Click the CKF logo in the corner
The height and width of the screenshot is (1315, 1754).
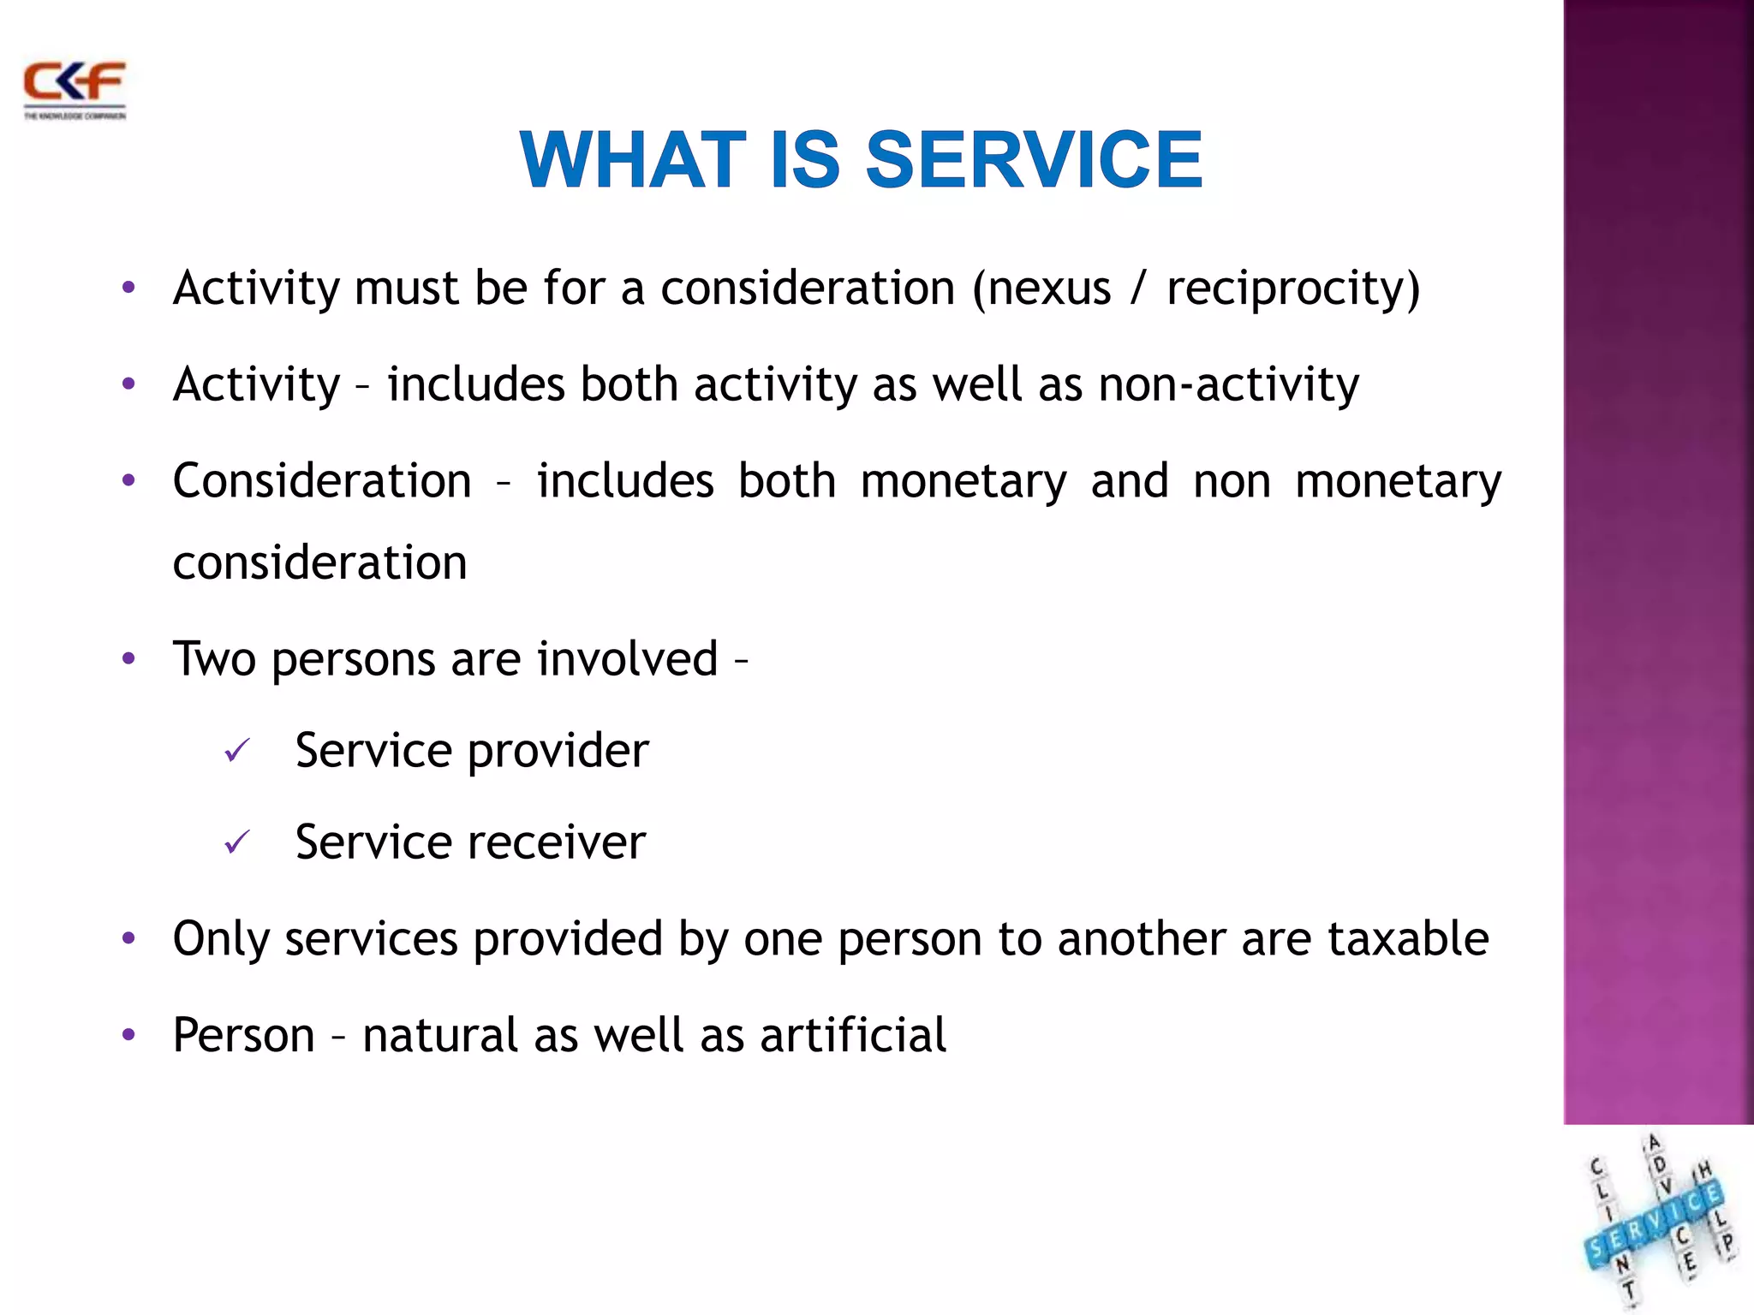coord(75,89)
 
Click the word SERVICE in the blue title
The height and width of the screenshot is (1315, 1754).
coord(1034,160)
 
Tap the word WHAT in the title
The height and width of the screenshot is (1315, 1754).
coord(632,160)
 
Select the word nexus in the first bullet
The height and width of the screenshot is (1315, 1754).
coord(1049,288)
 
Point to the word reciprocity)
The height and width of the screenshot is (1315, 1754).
coord(1293,289)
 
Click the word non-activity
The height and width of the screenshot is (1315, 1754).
coord(1228,384)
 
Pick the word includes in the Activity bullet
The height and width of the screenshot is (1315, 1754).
coord(475,384)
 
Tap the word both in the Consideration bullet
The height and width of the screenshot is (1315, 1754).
coord(786,481)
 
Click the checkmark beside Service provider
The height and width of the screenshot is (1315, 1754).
coord(236,751)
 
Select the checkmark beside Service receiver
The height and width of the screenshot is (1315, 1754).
coord(236,842)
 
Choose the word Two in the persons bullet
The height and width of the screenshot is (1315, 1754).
coord(214,659)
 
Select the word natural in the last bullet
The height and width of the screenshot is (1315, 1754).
coord(440,1035)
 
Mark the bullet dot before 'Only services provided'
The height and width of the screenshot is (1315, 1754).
coord(128,939)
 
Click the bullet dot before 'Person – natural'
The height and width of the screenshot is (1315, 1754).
coord(128,1035)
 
